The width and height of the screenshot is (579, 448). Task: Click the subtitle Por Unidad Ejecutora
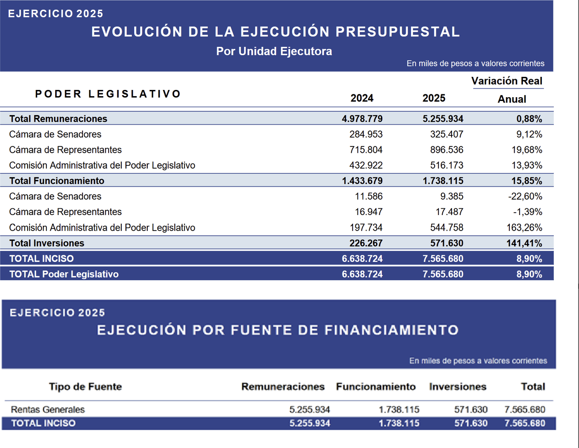point(274,51)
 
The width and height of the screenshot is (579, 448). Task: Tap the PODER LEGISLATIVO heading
point(108,94)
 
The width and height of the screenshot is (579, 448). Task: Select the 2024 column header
point(362,98)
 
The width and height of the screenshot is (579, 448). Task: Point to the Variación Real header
point(507,81)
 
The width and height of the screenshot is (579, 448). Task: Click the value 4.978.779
point(362,119)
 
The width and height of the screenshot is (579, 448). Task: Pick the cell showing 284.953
point(366,134)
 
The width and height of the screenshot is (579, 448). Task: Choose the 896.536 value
point(446,150)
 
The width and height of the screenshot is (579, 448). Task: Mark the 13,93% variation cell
point(527,165)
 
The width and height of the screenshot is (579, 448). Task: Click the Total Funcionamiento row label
point(57,181)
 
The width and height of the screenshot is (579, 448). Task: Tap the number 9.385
point(452,196)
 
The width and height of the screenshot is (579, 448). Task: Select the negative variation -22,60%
point(525,196)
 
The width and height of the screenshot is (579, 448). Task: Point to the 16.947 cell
point(369,212)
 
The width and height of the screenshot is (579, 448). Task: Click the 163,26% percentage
point(524,227)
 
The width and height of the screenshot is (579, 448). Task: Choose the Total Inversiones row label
point(47,243)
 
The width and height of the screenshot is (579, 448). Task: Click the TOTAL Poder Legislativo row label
point(64,275)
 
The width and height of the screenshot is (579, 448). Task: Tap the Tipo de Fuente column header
point(85,387)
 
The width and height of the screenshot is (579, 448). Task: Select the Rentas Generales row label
point(48,409)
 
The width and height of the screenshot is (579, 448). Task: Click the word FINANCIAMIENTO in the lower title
point(392,330)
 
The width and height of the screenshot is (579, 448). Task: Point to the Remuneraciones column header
point(283,387)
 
